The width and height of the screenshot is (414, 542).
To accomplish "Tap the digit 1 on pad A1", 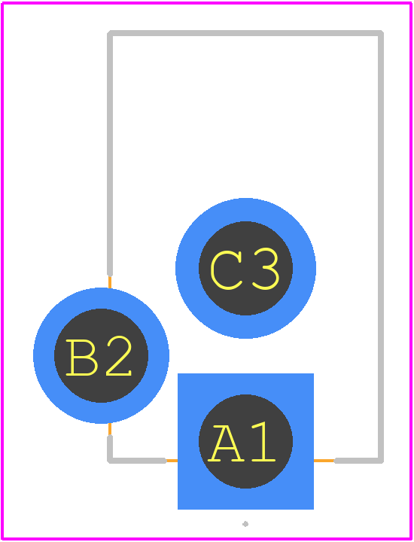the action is click(x=264, y=442).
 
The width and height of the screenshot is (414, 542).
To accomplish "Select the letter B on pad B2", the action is click(x=81, y=358).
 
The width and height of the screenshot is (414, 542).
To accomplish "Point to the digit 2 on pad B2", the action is click(x=119, y=355).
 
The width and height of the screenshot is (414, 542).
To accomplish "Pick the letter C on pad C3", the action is click(x=226, y=270).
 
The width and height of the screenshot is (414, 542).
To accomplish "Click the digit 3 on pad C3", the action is click(x=266, y=269).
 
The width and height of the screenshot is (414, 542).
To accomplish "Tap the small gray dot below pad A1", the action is click(x=245, y=524).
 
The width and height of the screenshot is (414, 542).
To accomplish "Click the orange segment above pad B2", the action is click(x=110, y=282).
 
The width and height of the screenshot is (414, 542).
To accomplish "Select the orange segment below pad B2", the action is click(x=110, y=430).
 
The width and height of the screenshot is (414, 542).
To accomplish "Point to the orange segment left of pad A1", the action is click(x=172, y=461).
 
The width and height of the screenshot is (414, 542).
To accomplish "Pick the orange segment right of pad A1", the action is click(x=324, y=461).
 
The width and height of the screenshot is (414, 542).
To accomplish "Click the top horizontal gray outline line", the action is click(x=245, y=33).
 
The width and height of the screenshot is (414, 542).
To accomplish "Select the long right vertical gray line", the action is click(x=381, y=247).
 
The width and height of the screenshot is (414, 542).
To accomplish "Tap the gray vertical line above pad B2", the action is click(x=110, y=154).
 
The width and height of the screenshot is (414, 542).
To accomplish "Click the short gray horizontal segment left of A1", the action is click(x=137, y=461).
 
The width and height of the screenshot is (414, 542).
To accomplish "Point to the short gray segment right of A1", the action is click(x=359, y=461).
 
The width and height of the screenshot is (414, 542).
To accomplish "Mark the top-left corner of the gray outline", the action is click(x=110, y=33).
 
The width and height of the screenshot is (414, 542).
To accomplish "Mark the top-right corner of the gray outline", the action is click(x=381, y=33).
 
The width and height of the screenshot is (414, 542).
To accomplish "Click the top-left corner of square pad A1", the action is click(x=178, y=373).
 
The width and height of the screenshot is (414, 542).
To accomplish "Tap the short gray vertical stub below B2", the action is click(x=110, y=448).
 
